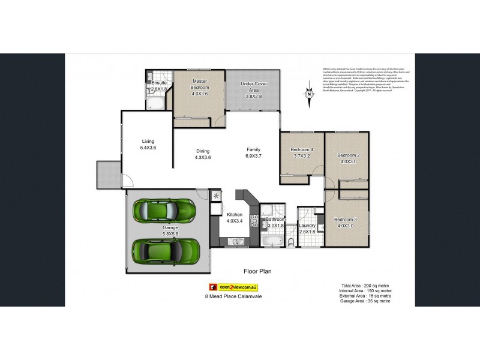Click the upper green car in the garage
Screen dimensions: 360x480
(x=163, y=211)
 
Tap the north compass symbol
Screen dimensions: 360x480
(x=308, y=93)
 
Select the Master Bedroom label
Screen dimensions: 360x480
(x=199, y=87)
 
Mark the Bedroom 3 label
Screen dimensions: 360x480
(x=346, y=223)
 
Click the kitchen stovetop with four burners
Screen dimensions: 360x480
(x=254, y=221)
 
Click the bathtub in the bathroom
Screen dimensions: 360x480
(x=271, y=241)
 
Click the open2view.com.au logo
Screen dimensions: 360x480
(x=232, y=287)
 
